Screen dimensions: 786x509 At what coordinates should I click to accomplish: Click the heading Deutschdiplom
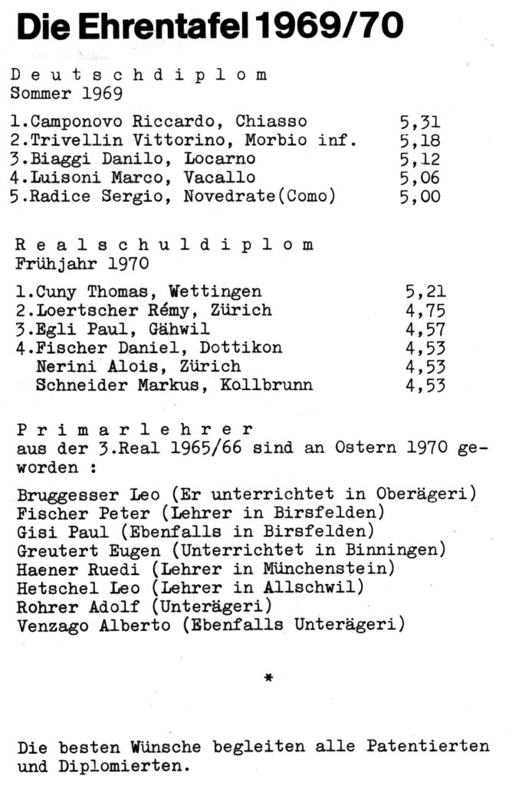coord(139,75)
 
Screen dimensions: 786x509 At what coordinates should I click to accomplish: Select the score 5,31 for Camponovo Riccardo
coord(420,121)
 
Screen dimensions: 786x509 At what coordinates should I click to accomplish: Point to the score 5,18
coord(420,140)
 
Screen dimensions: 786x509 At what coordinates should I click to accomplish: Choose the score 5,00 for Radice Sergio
coord(420,196)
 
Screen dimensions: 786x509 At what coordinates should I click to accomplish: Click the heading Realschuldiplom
coord(164,245)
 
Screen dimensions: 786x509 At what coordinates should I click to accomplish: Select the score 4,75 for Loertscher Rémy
coord(425,310)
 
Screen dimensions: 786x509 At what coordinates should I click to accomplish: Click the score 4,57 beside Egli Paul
coord(425,329)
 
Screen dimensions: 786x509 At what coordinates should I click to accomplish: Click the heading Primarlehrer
coord(134,430)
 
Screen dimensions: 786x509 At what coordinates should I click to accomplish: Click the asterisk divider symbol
coord(268,677)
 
